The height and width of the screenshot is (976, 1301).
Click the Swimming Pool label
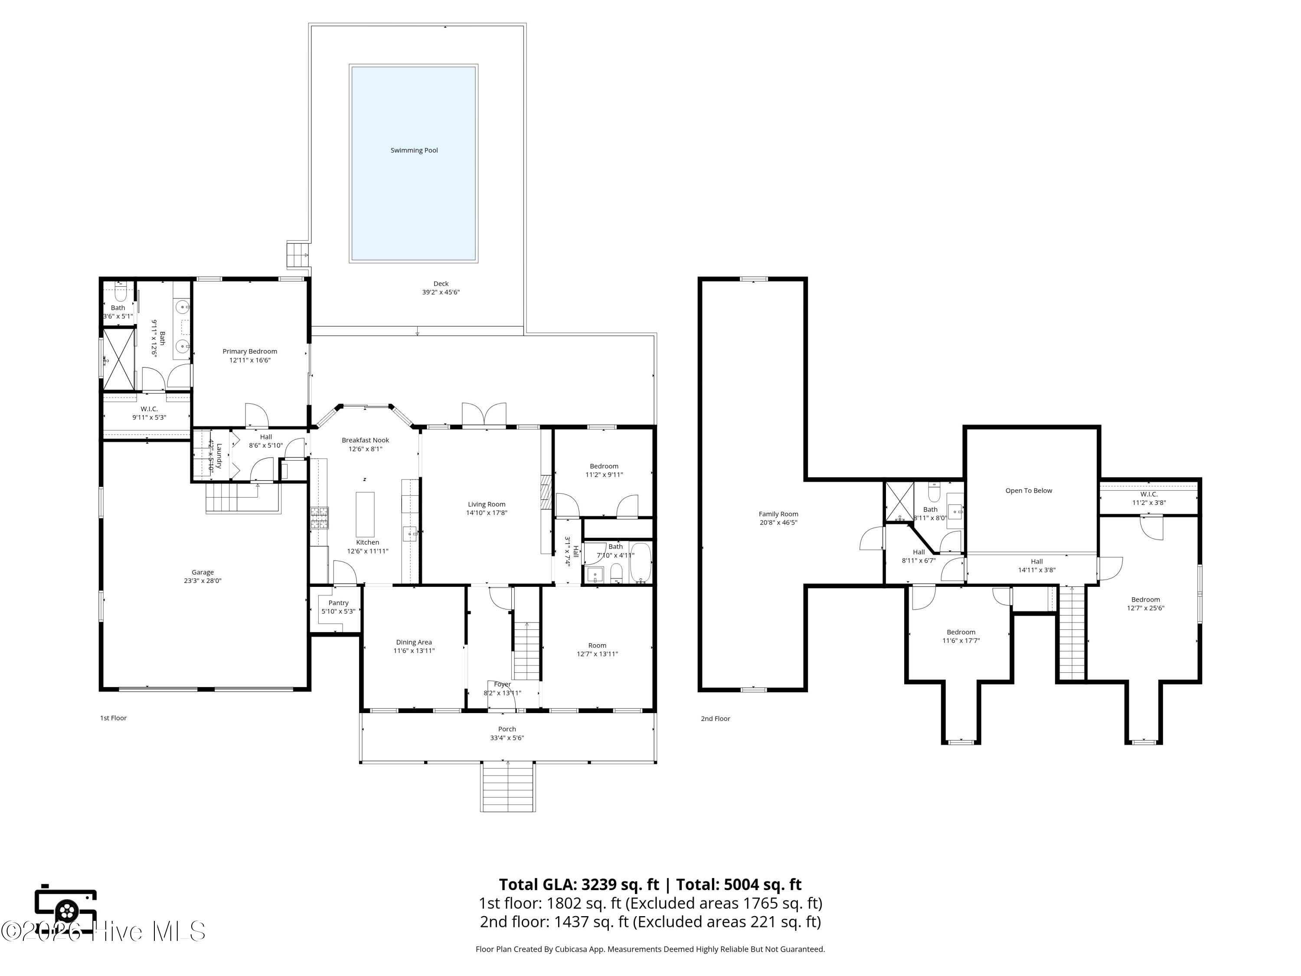click(x=414, y=151)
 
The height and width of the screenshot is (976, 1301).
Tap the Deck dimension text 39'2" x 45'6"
click(x=441, y=292)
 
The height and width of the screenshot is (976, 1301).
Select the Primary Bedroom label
click(x=250, y=352)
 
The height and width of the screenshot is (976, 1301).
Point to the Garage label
click(x=203, y=572)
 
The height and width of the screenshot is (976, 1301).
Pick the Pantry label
click(x=338, y=603)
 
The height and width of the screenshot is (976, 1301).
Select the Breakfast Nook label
click(x=365, y=440)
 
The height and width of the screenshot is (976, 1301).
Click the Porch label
click(x=507, y=729)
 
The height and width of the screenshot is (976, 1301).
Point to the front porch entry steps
click(x=507, y=786)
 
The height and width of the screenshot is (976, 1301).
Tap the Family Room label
click(x=778, y=514)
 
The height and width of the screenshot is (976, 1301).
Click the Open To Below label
click(x=1029, y=491)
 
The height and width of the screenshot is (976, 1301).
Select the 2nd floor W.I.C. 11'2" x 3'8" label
click(x=1149, y=498)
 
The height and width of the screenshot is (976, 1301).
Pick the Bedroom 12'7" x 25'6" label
click(x=1145, y=604)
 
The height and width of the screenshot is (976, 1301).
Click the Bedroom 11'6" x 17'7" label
click(x=961, y=636)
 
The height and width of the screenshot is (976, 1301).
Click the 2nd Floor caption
click(x=715, y=718)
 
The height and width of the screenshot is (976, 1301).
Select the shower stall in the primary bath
click(x=119, y=360)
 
